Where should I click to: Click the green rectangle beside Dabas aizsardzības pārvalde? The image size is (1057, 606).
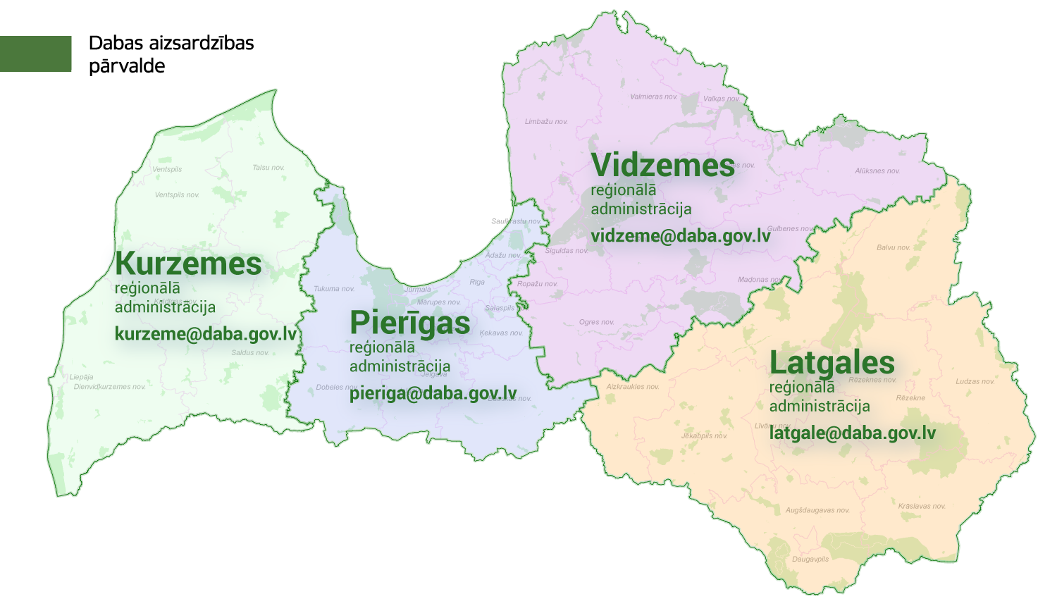35,54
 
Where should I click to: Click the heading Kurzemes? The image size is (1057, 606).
188,264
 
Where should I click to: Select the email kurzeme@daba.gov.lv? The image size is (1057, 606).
206,334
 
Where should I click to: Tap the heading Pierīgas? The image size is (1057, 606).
409,323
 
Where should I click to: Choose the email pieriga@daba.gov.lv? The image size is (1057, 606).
433,393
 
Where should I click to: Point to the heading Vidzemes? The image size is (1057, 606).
663,166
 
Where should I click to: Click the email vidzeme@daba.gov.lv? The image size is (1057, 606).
681,236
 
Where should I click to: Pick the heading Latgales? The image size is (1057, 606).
832,363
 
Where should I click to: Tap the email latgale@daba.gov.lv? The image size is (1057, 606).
853,433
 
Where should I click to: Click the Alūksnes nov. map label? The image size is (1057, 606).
877,171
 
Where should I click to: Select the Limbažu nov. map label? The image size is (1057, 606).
546,122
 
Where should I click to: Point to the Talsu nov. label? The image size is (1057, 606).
268,168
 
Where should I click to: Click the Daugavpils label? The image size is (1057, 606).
810,559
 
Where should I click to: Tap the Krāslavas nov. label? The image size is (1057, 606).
922,507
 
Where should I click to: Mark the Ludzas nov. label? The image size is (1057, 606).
975,382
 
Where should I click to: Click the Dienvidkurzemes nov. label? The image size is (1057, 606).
110,387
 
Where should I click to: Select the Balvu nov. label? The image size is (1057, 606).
894,248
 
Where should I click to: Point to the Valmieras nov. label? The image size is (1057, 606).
653,97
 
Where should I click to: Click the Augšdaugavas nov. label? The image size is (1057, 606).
817,510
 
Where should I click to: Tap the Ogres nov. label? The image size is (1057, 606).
596,323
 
